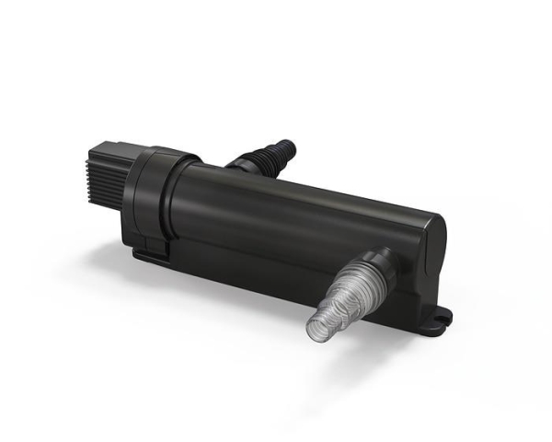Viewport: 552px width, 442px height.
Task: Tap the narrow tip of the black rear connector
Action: tap(288, 145)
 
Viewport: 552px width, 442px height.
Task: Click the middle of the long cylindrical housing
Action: tap(294, 221)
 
